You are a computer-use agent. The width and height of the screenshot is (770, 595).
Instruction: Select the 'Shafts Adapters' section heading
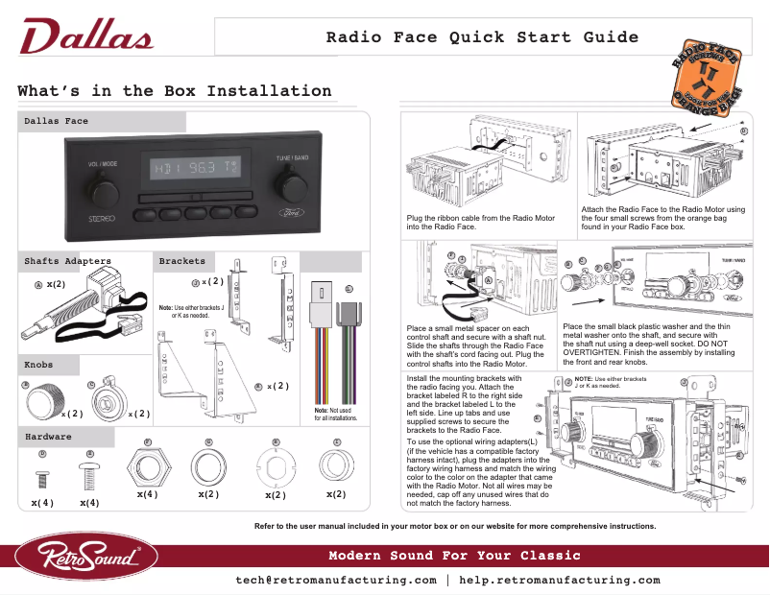click(x=67, y=261)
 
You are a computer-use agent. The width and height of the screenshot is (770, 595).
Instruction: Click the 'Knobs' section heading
click(x=39, y=365)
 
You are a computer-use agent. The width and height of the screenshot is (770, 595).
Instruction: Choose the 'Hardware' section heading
click(x=48, y=437)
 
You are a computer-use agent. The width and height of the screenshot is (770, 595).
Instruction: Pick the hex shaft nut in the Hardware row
click(x=147, y=470)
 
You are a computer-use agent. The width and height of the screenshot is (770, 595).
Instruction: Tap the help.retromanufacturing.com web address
click(x=560, y=581)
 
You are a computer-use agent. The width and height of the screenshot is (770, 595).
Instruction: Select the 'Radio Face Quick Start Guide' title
click(x=482, y=38)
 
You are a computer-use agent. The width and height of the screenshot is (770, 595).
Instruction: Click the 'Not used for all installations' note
click(x=336, y=415)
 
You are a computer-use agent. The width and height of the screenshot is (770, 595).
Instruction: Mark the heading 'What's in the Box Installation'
click(x=175, y=91)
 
